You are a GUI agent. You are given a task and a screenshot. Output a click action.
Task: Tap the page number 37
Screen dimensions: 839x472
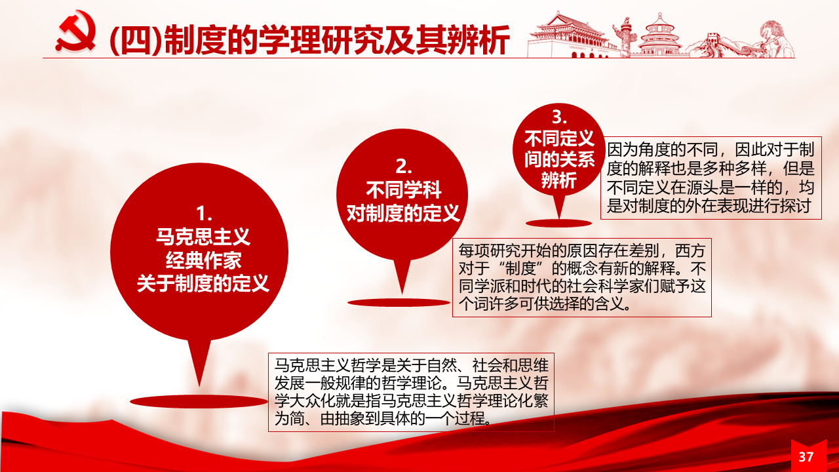(x=806, y=457)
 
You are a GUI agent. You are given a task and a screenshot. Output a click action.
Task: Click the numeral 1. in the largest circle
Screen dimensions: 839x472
(x=204, y=214)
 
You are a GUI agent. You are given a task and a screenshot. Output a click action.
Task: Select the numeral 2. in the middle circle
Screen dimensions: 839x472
(x=403, y=167)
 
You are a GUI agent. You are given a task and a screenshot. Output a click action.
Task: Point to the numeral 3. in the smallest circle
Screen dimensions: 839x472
(x=559, y=117)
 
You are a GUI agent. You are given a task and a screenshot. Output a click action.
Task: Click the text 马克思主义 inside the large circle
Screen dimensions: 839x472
(x=203, y=237)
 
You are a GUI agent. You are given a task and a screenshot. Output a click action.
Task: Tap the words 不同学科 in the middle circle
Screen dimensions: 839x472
(x=403, y=190)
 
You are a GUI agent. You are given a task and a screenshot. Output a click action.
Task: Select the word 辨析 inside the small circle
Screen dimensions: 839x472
(x=559, y=180)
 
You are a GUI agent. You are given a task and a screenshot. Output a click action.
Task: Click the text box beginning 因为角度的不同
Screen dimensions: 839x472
(x=711, y=178)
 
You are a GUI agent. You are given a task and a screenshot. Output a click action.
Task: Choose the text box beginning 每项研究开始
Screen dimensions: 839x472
(x=581, y=277)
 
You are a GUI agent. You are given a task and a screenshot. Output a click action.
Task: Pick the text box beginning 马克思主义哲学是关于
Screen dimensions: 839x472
(x=411, y=392)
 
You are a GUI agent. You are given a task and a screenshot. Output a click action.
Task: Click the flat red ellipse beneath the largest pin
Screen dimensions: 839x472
(x=199, y=402)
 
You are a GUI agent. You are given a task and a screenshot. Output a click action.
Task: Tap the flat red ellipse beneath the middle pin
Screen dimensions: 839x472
(x=399, y=303)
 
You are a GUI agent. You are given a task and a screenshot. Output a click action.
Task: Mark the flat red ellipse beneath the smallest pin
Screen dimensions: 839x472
(x=558, y=224)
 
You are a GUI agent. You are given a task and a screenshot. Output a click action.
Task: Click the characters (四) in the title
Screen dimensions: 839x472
(x=136, y=41)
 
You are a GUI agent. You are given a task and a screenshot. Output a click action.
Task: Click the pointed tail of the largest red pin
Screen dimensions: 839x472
(x=199, y=386)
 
